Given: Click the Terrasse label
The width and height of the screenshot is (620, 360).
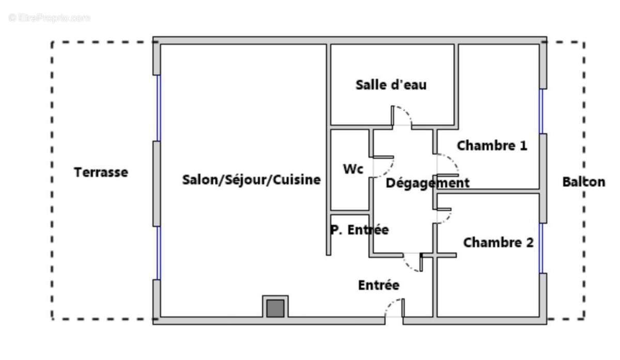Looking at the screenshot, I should point(101,172).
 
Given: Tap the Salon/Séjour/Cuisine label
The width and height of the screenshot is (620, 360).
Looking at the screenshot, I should point(251,180).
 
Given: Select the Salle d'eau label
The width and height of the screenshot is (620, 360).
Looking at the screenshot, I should point(391,85).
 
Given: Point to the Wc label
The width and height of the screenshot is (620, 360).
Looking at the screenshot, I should point(353,169).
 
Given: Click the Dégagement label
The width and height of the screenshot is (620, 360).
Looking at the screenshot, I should point(428,183).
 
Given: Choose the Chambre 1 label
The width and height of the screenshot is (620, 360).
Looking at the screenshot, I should point(492,146).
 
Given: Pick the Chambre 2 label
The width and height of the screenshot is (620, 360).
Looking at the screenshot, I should point(498,242).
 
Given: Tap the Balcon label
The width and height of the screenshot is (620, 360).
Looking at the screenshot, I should point(583,182).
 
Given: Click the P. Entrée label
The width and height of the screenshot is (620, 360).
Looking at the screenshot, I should point(359,230).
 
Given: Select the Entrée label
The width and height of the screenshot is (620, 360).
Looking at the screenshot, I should point(379,285).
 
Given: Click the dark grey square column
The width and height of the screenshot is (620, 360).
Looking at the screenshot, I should point(275,308).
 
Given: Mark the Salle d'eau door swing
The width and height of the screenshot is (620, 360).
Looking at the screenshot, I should point(402,116).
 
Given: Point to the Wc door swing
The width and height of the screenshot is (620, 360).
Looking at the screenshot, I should point(384,167).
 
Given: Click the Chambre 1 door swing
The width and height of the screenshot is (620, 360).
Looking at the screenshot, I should point(447,164).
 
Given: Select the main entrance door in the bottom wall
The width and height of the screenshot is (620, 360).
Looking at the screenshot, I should point(394,310).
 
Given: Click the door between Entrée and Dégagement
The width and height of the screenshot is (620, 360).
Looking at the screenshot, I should point(413,262).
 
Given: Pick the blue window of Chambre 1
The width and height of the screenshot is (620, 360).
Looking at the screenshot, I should point(541,111).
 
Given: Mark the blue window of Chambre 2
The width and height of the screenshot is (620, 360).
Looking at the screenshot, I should point(541,248).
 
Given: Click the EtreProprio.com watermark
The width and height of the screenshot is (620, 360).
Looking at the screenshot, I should point(49,18).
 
